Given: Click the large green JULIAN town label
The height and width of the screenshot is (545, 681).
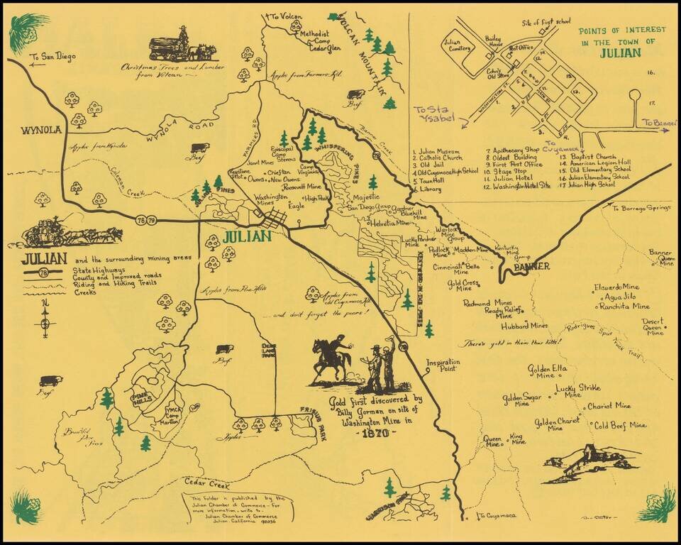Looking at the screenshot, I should coord(246,236).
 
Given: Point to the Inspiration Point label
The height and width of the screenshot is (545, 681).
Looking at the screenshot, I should coord(443,365).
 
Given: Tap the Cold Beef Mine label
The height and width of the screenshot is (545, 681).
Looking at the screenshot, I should coord(620,425).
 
